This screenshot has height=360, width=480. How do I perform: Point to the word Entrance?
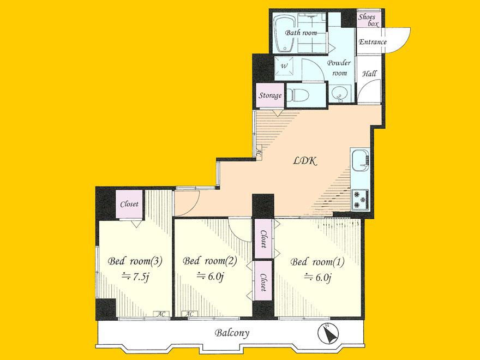coord(372,43)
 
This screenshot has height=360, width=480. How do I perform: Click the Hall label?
coord(370,74)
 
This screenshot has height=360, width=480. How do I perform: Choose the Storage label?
coord(270,96)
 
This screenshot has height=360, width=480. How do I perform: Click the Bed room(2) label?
coord(209,261)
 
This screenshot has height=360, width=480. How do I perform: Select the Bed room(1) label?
coord(317,261)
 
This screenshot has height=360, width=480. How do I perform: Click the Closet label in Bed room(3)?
coord(129,204)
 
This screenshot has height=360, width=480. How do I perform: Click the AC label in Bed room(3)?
coord(161,314)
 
